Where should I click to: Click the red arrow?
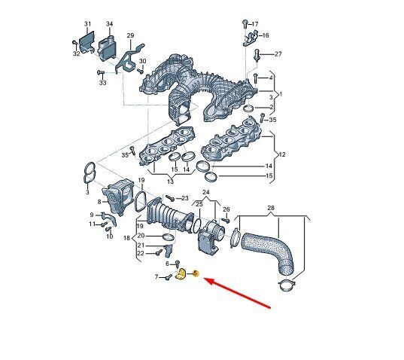[x=236, y=293]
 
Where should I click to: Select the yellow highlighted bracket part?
[x=181, y=274]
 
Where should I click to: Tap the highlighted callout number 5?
[x=196, y=273]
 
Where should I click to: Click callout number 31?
[x=87, y=24]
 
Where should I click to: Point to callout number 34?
[x=110, y=24]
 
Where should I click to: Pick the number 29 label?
[x=130, y=35]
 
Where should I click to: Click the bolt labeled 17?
[x=245, y=24]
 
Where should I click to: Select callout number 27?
[x=278, y=54]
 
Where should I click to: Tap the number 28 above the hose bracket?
[x=271, y=208]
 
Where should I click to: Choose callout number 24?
[x=206, y=192]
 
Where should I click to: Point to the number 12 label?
[x=282, y=154]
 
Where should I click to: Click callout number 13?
[x=170, y=182]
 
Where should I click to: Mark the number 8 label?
[x=99, y=202]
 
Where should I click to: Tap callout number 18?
[x=126, y=238]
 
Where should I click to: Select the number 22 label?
[x=141, y=254]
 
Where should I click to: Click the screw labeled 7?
[x=169, y=277]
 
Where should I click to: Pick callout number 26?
[x=226, y=209]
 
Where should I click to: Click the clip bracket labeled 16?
[x=251, y=38]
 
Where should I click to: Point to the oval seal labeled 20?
[x=169, y=236]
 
